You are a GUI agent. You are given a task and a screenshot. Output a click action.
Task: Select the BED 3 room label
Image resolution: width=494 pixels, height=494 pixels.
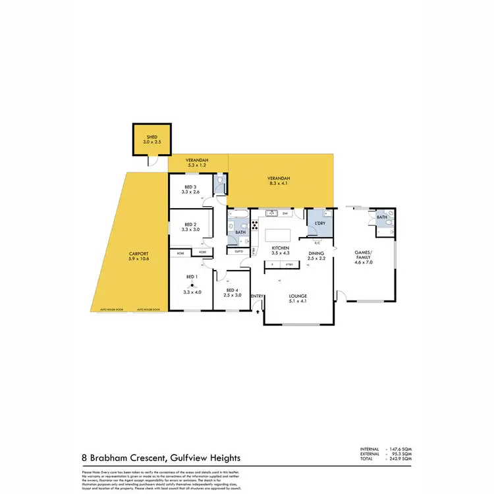coord(191,187)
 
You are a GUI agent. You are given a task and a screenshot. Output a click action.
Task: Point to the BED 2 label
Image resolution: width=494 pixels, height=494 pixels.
coord(191,224)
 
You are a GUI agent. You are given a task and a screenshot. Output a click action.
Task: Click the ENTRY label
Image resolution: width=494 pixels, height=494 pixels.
coord(257,296)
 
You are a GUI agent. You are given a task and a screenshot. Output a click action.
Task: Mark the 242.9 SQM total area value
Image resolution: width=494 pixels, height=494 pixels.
coord(403,458)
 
